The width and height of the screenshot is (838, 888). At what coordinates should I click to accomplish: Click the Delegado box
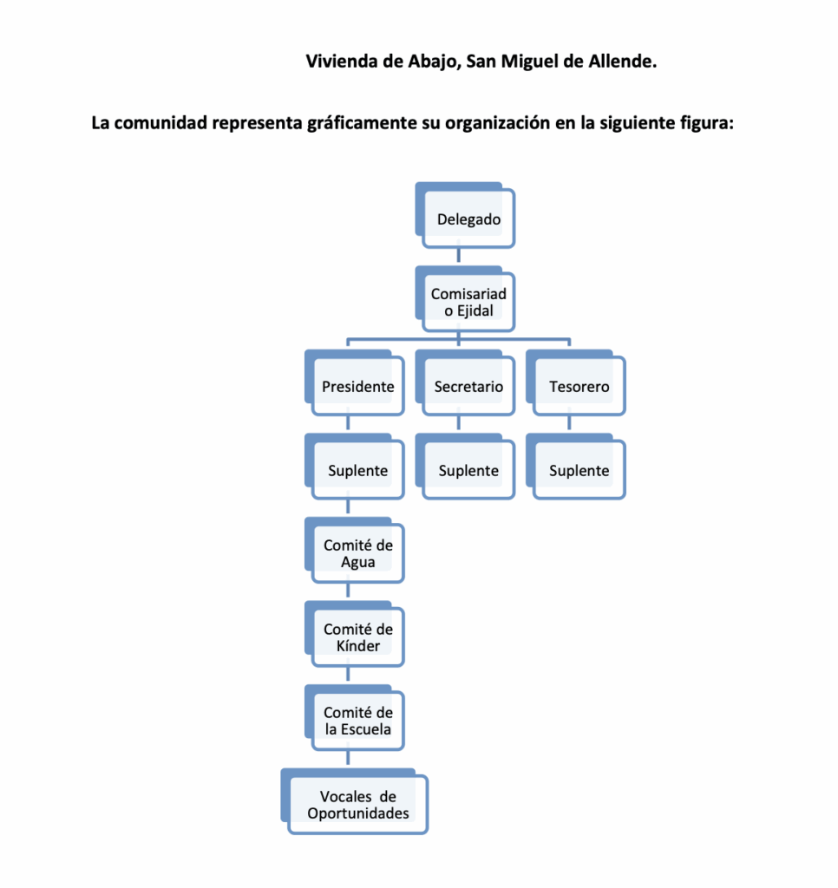[x=468, y=219]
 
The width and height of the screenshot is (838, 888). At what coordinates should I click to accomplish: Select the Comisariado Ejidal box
[x=468, y=302]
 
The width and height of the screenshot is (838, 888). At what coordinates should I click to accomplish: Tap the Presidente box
[x=357, y=387]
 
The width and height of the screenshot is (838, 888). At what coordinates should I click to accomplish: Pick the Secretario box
[x=468, y=387]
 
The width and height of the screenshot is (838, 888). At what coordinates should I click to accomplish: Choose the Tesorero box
[x=579, y=387]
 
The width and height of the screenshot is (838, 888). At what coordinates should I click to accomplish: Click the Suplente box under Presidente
[x=357, y=471]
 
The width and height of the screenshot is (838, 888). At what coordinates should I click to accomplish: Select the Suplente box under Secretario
[x=468, y=471]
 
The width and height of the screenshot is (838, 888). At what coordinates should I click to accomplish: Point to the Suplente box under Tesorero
[x=579, y=471]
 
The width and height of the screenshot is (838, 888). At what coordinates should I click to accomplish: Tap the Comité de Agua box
[x=357, y=554]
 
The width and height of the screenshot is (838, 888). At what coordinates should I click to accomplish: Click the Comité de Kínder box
[x=357, y=637]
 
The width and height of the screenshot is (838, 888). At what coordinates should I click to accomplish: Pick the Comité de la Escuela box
[x=357, y=721]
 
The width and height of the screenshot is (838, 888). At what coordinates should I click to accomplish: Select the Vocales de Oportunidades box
[x=357, y=805]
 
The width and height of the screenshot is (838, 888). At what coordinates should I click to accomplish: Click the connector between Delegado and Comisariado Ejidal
[x=458, y=257]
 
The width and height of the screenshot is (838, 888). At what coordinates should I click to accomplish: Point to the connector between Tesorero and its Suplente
[x=569, y=424]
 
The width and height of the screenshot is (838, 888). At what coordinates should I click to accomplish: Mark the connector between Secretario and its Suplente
[x=458, y=424]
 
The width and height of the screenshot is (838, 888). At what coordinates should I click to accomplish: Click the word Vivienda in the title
[x=342, y=62]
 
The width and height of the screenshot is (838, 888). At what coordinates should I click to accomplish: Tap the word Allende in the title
[x=622, y=62]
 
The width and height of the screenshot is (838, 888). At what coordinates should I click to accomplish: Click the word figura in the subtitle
[x=704, y=122]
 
